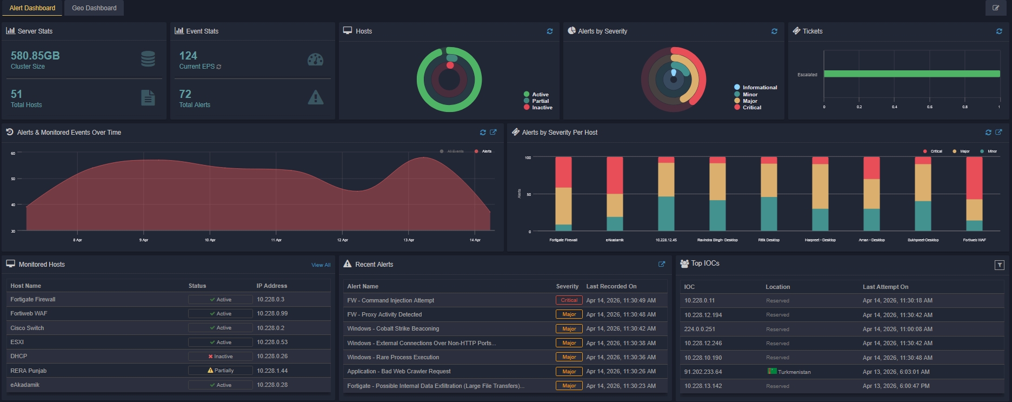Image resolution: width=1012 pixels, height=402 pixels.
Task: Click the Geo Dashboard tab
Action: click(94, 8)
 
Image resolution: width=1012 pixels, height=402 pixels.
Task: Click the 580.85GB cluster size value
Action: click(35, 56)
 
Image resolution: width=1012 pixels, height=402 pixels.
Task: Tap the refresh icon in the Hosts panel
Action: click(550, 31)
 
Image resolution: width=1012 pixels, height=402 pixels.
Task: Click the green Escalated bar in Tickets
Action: click(911, 74)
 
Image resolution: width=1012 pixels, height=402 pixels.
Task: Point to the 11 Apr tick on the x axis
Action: click(276, 240)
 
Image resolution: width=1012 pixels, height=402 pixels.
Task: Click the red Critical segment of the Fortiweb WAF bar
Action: click(974, 178)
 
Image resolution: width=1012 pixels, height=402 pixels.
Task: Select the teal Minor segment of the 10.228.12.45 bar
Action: click(666, 214)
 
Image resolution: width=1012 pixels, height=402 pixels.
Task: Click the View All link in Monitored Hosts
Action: click(321, 265)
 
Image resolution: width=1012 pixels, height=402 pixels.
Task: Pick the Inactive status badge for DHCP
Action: click(220, 357)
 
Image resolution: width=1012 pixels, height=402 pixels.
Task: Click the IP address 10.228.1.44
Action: click(272, 371)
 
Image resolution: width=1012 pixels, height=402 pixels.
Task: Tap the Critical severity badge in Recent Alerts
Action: click(569, 300)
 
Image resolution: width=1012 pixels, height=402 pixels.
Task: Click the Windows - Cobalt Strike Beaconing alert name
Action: click(393, 328)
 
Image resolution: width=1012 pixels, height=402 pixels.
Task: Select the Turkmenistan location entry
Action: click(794, 372)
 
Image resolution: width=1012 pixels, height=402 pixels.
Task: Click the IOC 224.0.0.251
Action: click(699, 329)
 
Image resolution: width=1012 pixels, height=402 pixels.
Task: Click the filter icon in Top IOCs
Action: click(999, 265)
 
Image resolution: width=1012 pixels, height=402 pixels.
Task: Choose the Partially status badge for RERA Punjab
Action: click(220, 371)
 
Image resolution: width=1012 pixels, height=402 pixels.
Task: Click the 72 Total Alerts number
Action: click(185, 94)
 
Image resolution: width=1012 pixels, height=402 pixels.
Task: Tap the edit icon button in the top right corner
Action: click(996, 8)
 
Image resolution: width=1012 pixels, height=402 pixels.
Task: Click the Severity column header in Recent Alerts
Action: click(567, 286)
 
